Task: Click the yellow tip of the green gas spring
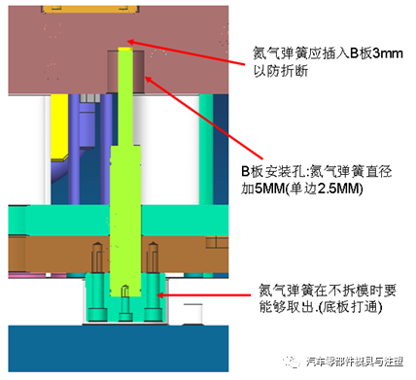tap(123, 49)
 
